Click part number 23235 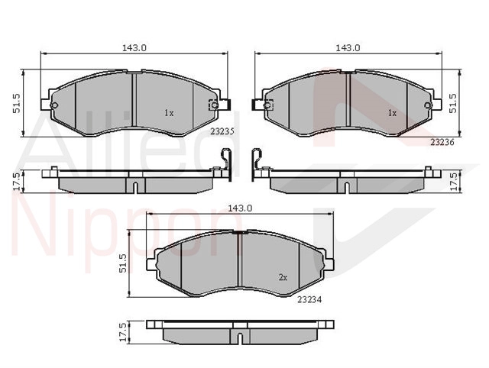pyautogui.click(x=222, y=131)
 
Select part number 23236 pyautogui.click(x=442, y=142)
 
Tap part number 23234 pyautogui.click(x=309, y=299)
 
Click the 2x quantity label pyautogui.click(x=283, y=277)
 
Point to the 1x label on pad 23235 pyautogui.click(x=169, y=113)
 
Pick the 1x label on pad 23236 pyautogui.click(x=392, y=113)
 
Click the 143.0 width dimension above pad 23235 pyautogui.click(x=134, y=47)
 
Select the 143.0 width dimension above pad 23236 pyautogui.click(x=348, y=47)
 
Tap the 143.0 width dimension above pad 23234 pyautogui.click(x=240, y=208)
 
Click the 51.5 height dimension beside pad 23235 pyautogui.click(x=17, y=103)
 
